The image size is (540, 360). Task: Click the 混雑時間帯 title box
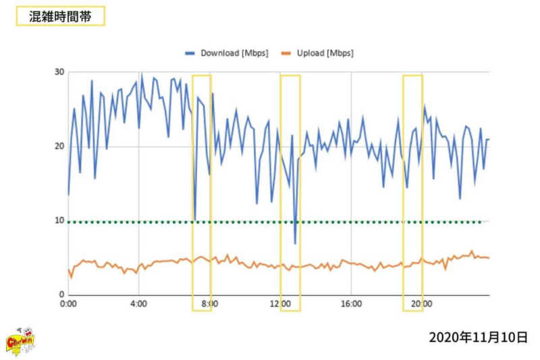click(61, 17)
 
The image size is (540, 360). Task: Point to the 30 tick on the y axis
click(59, 72)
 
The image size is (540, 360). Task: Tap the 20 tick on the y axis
click(59, 147)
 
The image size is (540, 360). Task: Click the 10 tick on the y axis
click(59, 221)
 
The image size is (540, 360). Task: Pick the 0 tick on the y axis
click(61, 295)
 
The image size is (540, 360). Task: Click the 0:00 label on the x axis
click(68, 305)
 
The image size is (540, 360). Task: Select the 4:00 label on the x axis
click(138, 305)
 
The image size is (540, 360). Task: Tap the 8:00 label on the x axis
click(210, 305)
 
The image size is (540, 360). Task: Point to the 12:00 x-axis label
click(280, 305)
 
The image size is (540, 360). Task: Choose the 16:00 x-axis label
click(351, 305)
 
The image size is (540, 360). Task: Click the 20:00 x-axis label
click(422, 305)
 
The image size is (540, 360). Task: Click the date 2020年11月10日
click(477, 337)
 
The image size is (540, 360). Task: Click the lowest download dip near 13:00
click(295, 243)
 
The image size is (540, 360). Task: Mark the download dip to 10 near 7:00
click(194, 220)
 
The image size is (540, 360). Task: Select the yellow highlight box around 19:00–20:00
click(412, 192)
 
